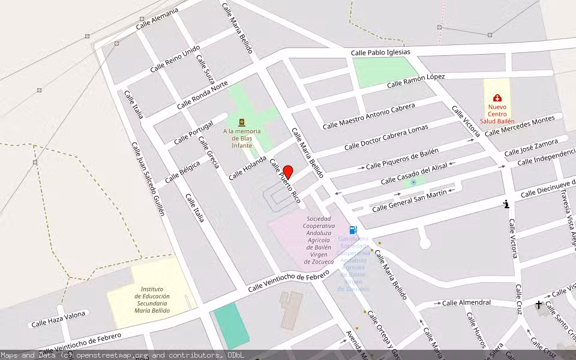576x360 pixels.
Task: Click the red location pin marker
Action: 287,172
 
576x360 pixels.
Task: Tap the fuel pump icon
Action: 353,229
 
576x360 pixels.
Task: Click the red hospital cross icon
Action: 497,98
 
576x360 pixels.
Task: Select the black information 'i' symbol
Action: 507,204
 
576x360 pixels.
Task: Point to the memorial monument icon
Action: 242,122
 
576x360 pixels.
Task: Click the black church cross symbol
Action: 539,305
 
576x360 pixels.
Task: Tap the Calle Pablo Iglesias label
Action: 380,53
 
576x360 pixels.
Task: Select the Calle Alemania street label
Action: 157,19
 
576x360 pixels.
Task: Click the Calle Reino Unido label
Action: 175,59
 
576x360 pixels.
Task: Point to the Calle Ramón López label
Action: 416,81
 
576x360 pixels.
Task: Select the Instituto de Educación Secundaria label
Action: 151,299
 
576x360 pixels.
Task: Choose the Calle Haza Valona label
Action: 60,317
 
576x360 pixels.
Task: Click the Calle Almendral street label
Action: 466,303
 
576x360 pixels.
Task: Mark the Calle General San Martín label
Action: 410,200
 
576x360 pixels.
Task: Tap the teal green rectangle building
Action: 231,325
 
